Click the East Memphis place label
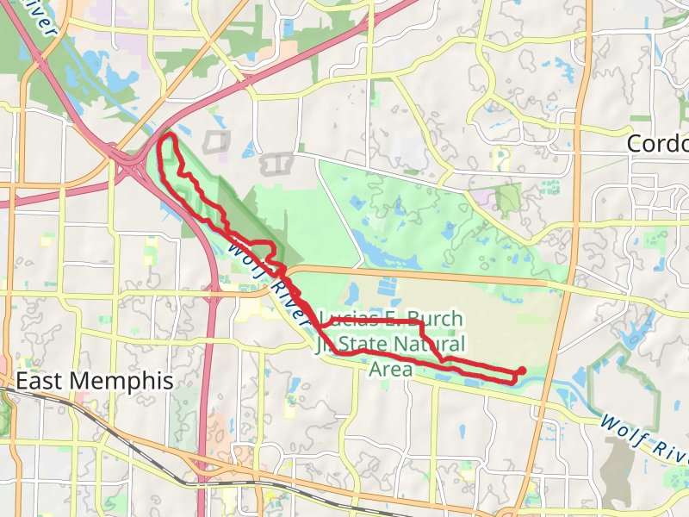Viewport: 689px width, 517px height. tap(95, 381)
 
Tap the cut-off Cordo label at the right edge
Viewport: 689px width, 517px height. tap(658, 143)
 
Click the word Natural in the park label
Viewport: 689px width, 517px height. tap(429, 345)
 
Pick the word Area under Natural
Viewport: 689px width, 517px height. tap(391, 370)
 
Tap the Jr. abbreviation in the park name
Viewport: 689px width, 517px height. tap(325, 345)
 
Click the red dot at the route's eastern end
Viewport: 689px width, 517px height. tap(522, 371)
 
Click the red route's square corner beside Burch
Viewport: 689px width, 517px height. tap(419, 321)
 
